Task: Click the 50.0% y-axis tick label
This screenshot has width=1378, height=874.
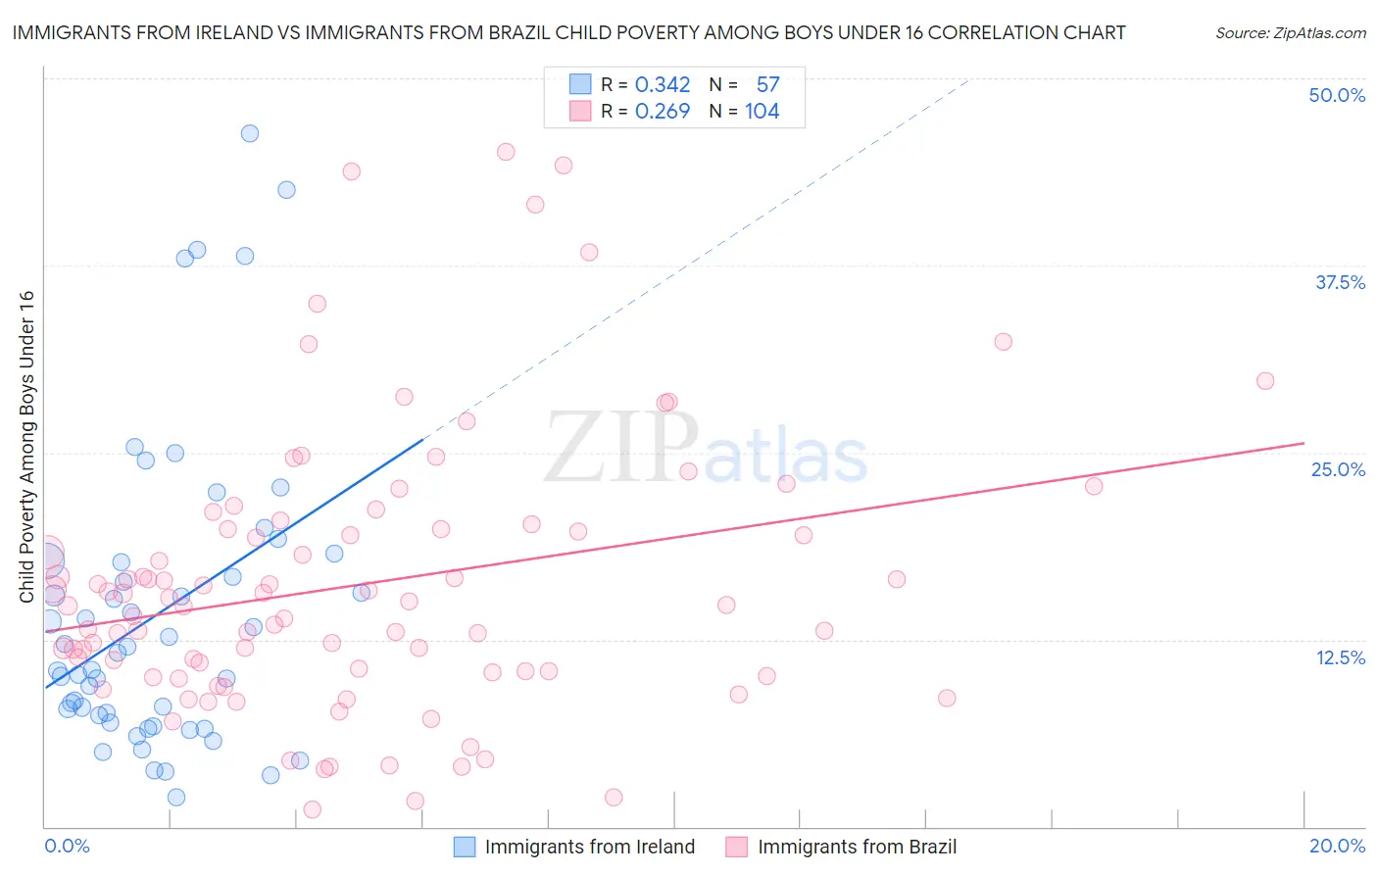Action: pos(1337,95)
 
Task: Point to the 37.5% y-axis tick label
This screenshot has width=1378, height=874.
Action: pos(1340,282)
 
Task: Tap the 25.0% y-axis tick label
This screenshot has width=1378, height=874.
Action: pos(1338,469)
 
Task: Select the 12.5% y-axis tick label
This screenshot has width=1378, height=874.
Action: pos(1340,657)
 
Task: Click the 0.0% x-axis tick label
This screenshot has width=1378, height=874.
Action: pos(67,846)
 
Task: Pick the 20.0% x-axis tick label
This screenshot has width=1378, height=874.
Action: pos(1337,846)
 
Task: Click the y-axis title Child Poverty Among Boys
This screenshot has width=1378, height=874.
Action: pos(26,447)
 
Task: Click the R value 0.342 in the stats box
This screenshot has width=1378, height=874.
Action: pos(663,84)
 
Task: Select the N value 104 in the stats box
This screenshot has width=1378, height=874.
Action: pos(762,111)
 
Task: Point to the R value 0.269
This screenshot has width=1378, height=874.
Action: pos(663,111)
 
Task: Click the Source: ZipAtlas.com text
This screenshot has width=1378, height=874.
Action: pos(1290,32)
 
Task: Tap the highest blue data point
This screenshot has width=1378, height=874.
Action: pos(250,133)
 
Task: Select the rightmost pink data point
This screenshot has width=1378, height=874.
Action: pos(1265,381)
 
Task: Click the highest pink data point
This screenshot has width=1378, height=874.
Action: pos(506,152)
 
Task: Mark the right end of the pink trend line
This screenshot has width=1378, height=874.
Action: pos(1304,443)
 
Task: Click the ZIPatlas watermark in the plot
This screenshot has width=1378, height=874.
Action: pos(706,449)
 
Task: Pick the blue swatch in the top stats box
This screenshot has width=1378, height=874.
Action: pos(580,84)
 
